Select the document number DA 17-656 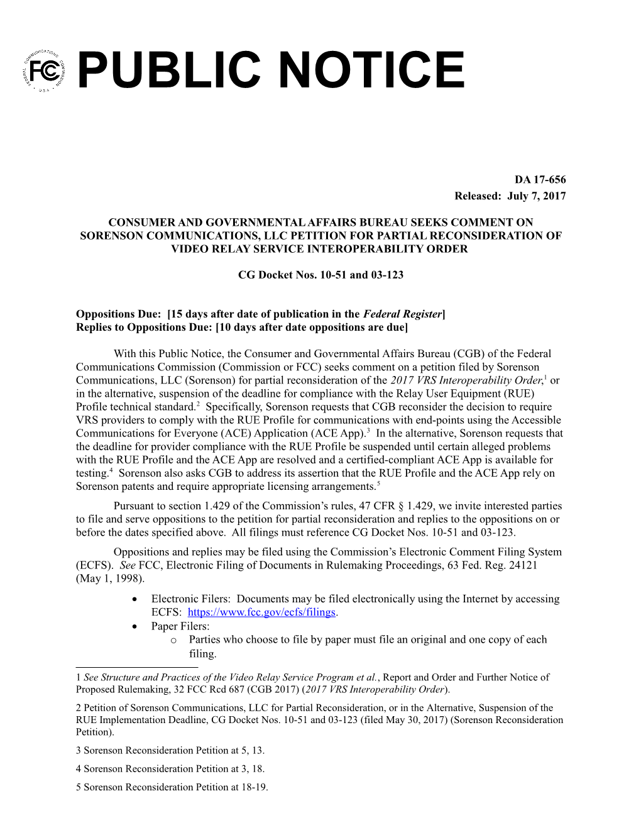pos(540,180)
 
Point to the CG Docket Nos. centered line pos(320,275)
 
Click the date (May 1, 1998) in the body pos(110,578)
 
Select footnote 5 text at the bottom pos(172,787)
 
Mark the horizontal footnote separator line pos(136,667)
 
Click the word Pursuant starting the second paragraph pos(134,506)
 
